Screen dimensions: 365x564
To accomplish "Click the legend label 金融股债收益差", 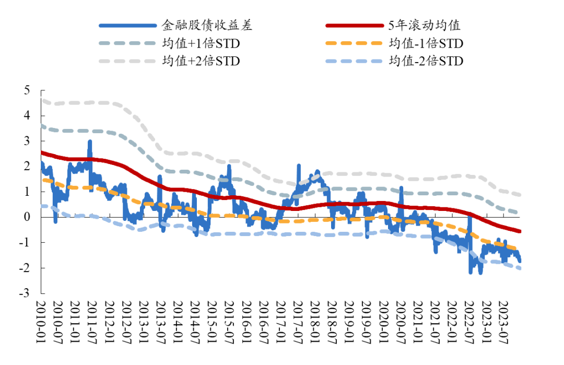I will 207,25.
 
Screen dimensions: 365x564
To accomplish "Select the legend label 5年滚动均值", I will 424,25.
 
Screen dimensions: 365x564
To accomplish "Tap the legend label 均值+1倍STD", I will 201,43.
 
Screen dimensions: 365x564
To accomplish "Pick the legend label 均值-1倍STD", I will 426,43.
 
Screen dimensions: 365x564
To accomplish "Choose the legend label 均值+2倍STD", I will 201,61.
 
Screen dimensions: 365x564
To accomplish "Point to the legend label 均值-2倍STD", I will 426,61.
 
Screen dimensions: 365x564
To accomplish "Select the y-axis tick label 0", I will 27,217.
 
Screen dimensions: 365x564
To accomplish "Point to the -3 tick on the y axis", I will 25,293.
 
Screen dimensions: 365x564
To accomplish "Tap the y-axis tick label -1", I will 25,243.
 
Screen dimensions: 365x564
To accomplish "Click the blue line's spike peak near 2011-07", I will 90,141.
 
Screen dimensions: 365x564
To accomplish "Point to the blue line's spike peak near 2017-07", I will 299,166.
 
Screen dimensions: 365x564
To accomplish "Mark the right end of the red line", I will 521,231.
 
